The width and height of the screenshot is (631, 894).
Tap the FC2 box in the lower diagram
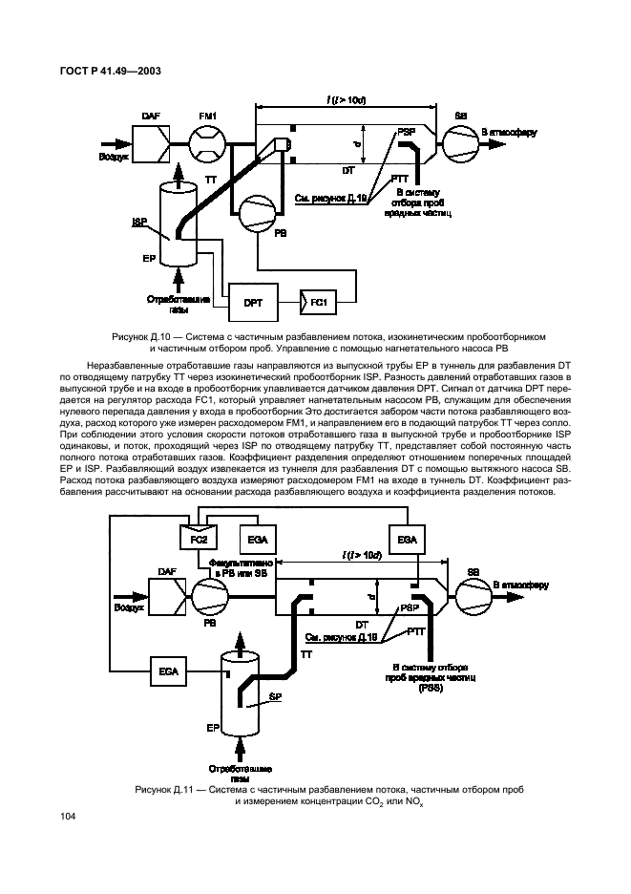coord(199,541)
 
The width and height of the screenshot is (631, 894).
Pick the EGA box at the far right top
coord(407,541)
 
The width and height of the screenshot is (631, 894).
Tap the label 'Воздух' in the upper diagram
coord(114,153)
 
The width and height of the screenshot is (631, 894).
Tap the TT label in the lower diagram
coord(305,655)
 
